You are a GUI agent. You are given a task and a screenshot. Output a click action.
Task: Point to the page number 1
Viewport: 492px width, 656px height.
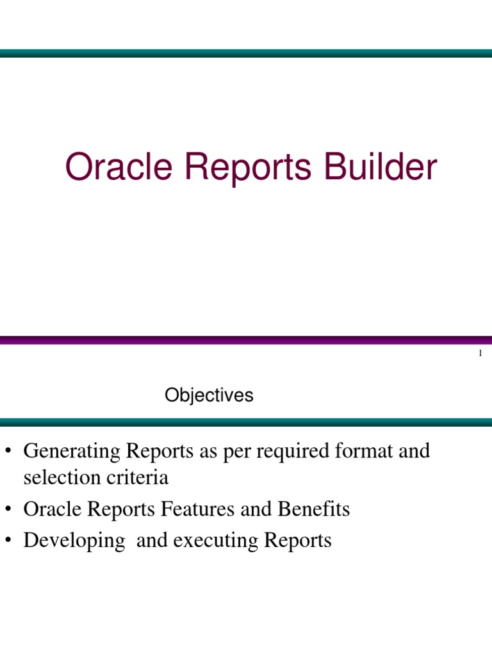tap(480, 354)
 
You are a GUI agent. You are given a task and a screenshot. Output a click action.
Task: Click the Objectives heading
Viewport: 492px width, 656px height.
tap(209, 396)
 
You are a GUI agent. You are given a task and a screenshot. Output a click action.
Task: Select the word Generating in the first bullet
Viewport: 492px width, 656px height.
tap(72, 452)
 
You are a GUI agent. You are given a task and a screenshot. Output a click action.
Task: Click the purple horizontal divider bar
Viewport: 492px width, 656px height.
tap(246, 341)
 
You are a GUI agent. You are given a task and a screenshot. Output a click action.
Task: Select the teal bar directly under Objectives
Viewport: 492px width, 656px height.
tap(246, 422)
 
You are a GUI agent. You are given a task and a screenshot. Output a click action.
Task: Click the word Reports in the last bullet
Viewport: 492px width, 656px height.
tap(297, 541)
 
